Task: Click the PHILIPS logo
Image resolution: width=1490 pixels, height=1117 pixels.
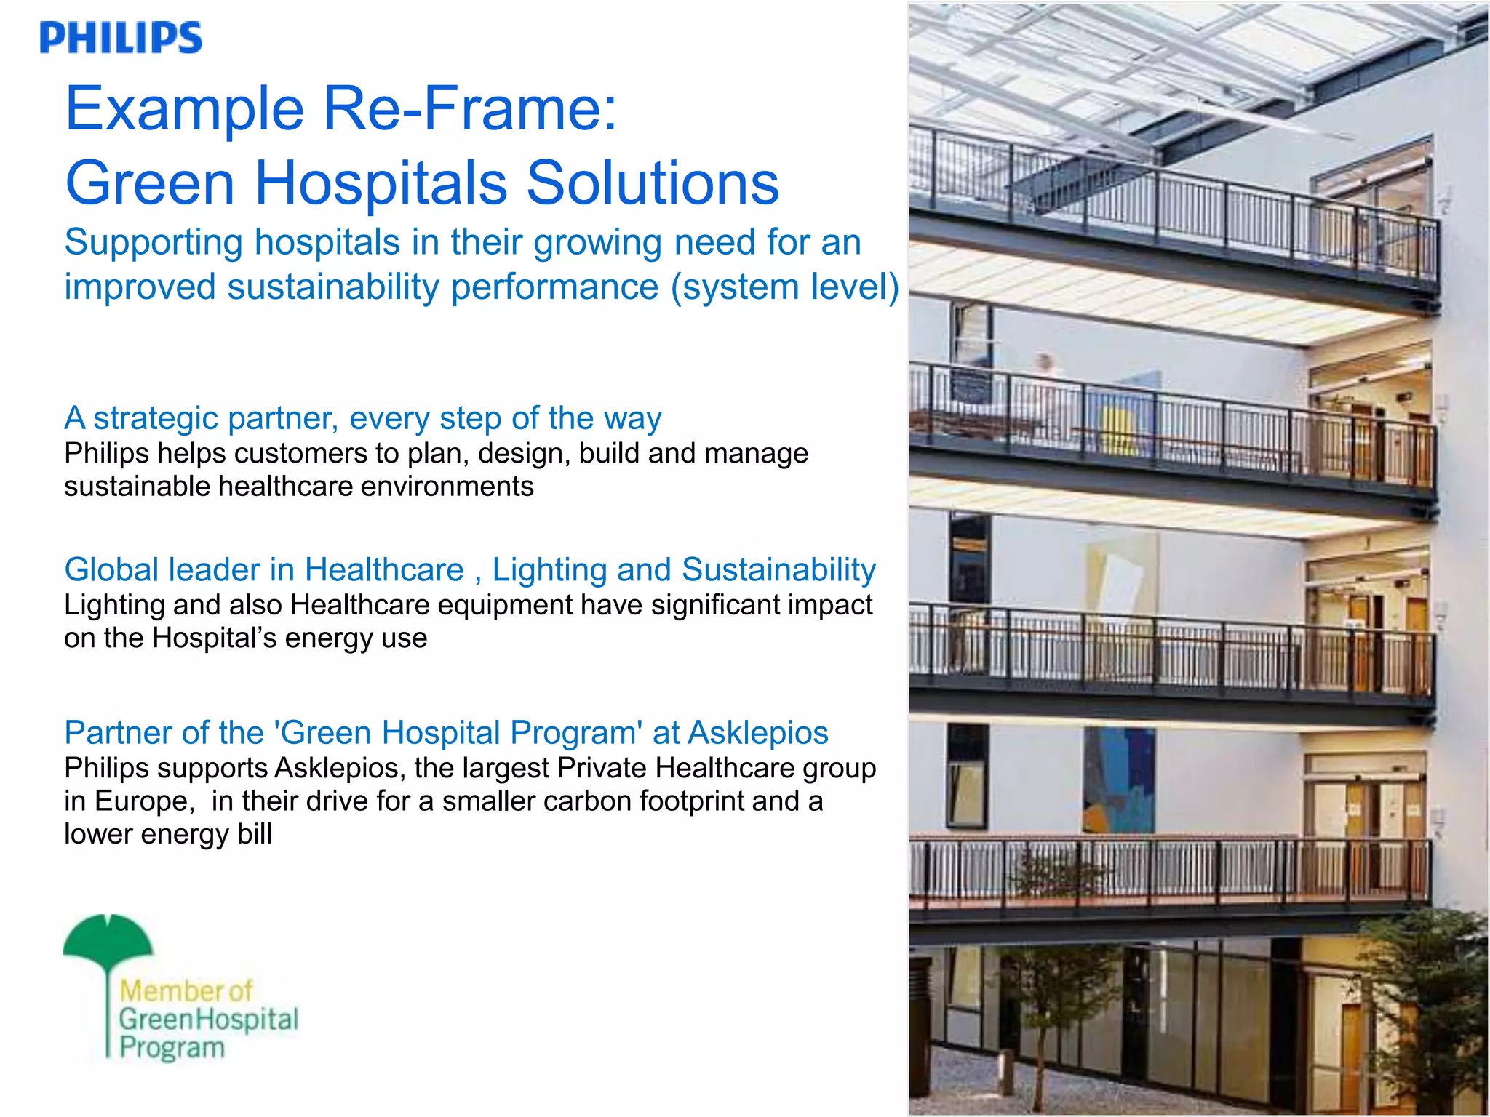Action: click(x=121, y=38)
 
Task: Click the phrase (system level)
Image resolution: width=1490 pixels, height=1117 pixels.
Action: click(x=784, y=287)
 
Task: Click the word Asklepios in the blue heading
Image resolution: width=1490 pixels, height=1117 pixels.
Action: click(x=757, y=732)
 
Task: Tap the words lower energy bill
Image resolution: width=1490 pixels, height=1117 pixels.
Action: click(x=167, y=834)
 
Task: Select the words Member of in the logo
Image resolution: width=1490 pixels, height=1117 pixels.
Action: click(x=186, y=990)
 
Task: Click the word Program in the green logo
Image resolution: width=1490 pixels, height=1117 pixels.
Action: click(x=172, y=1048)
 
